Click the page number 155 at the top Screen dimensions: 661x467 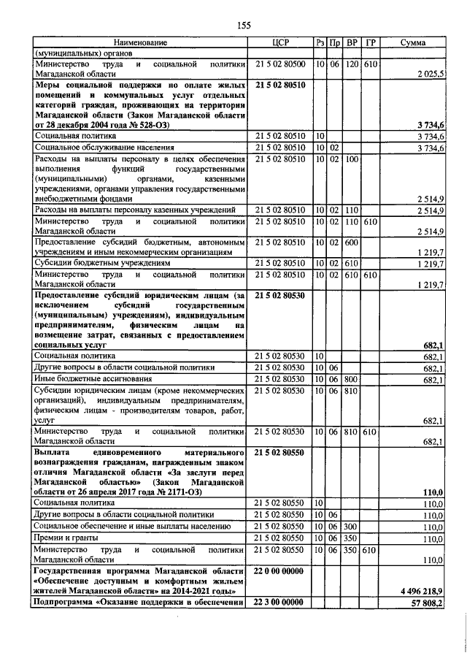click(x=243, y=26)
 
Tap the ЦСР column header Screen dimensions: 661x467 click(x=280, y=43)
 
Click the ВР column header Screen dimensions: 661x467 click(x=352, y=43)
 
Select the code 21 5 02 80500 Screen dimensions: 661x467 click(x=280, y=64)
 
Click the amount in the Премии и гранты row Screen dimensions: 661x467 click(x=433, y=538)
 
